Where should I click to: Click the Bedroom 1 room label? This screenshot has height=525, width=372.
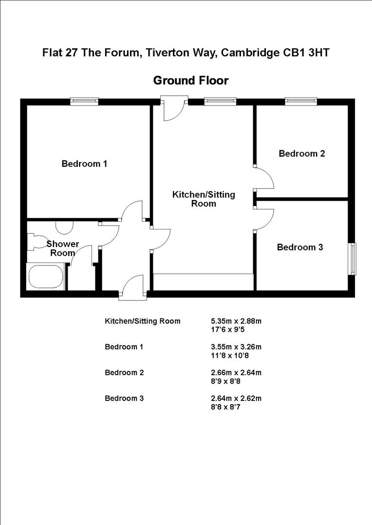[x=84, y=164]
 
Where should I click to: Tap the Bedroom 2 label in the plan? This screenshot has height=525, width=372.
[x=301, y=154]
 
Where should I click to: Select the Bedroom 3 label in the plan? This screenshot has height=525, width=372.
[x=300, y=247]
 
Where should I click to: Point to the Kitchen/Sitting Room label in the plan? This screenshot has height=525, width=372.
[x=204, y=199]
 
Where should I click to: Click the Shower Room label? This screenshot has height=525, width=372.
[x=62, y=248]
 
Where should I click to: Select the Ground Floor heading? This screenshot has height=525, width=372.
[x=190, y=80]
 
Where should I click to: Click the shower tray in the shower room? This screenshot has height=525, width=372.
[x=46, y=276]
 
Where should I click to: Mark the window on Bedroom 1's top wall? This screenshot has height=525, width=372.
[x=84, y=102]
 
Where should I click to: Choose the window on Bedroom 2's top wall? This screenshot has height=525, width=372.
[x=301, y=102]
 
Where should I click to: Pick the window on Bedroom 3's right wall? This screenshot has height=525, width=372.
[x=352, y=259]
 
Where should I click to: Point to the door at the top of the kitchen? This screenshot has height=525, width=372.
[x=174, y=108]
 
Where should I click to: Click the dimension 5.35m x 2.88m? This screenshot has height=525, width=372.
[x=236, y=321]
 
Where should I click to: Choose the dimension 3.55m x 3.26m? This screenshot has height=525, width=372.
[x=236, y=347]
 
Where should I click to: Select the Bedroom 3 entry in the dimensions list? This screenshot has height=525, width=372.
[x=124, y=399]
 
